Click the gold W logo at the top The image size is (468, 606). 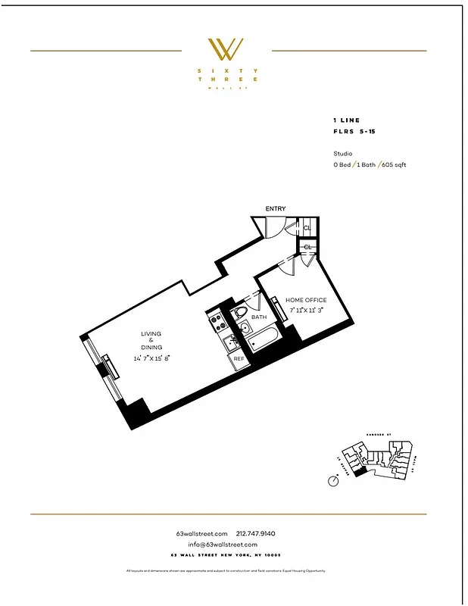pyautogui.click(x=226, y=50)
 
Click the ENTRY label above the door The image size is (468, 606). pyautogui.click(x=275, y=208)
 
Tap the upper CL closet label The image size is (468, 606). pyautogui.click(x=308, y=227)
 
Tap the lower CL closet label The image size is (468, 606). pyautogui.click(x=308, y=247)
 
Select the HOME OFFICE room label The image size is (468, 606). pyautogui.click(x=305, y=300)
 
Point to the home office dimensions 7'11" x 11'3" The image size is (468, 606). pyautogui.click(x=306, y=310)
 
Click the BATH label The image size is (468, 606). pyautogui.click(x=259, y=317)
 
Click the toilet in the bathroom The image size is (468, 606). pyautogui.click(x=241, y=312)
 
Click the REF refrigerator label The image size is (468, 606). pyautogui.click(x=238, y=358)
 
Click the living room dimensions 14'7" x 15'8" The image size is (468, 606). pyautogui.click(x=151, y=358)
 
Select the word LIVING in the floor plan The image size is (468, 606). pyautogui.click(x=151, y=333)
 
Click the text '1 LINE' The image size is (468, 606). pyautogui.click(x=347, y=120)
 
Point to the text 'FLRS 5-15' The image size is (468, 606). pyautogui.click(x=353, y=131)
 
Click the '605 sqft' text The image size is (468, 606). pyautogui.click(x=394, y=164)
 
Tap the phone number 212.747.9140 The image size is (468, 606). pyautogui.click(x=261, y=534)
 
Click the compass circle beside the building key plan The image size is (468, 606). pyautogui.click(x=334, y=480)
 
